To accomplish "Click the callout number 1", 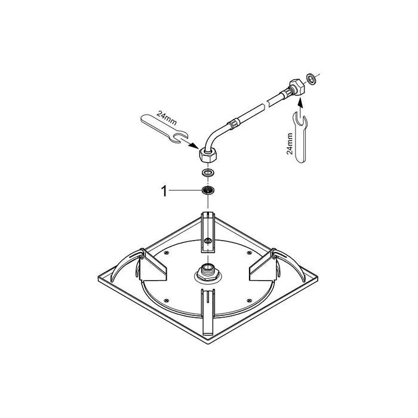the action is pos(164,192).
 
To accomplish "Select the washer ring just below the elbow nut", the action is pos(208,173).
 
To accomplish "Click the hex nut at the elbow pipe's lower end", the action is pos(208,155).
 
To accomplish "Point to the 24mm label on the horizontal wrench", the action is pos(167,118).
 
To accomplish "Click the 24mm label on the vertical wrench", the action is pos(290,143).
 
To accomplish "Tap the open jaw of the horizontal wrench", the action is pos(180,138).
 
